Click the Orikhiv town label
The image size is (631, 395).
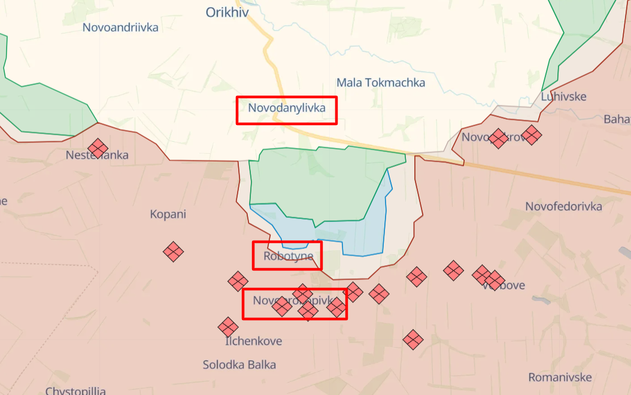(x=227, y=12)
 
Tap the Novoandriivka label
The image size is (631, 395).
(x=120, y=28)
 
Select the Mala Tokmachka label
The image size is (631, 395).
(x=380, y=83)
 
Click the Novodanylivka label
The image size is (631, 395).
(x=287, y=108)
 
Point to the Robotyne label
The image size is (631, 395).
(x=287, y=257)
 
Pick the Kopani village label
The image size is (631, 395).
(x=168, y=214)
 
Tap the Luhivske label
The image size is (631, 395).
(x=563, y=96)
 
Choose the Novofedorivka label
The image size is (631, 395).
(x=563, y=206)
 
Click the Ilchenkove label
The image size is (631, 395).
(x=254, y=341)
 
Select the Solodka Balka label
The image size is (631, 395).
(x=239, y=364)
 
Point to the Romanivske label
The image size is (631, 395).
(x=560, y=378)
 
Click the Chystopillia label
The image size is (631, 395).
(x=76, y=391)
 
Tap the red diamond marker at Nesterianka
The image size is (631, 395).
(x=98, y=148)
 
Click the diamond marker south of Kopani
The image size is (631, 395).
(x=173, y=251)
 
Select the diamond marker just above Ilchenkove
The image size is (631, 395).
(x=227, y=327)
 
